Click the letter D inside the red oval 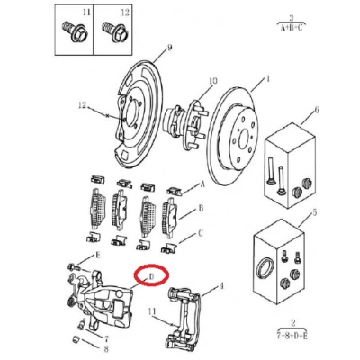coord(151,276)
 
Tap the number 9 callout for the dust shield coord(170,48)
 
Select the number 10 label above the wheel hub coord(212,81)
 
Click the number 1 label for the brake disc coord(267,79)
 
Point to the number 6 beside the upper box coord(317,110)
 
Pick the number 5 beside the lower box coord(314,212)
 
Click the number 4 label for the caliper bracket coord(221,286)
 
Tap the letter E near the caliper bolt coord(97,256)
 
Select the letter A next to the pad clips coord(202,184)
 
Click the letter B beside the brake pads coord(202,208)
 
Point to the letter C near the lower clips coord(201,233)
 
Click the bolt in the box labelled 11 coord(75,31)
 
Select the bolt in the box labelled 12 coord(114,31)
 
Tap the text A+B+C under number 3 coord(292,28)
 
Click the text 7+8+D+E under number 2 coord(292,336)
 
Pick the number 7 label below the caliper coord(106,339)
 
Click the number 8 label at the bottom coord(106,349)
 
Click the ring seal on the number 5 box coord(265,267)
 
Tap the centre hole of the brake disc coord(243,135)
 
